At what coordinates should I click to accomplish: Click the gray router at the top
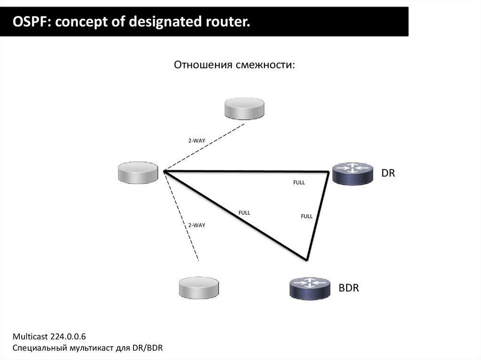point(244,109)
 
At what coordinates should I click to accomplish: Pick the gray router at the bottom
point(199,287)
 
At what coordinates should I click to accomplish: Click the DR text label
point(388,173)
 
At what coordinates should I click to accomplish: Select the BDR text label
point(349,288)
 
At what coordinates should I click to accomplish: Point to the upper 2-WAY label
point(197,140)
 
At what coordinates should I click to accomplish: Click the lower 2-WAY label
point(197,225)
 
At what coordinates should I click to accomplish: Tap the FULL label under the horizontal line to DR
point(299,183)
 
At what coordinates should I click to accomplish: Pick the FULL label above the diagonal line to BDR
point(244,213)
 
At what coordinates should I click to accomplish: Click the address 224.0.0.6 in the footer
point(66,337)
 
